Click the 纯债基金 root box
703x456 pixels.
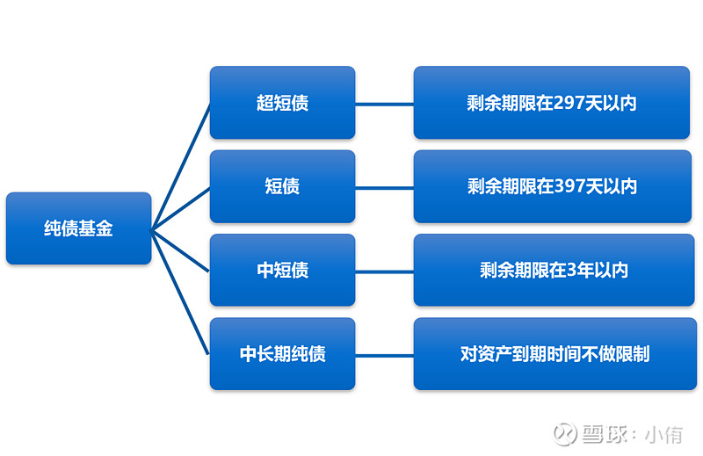coord(78,228)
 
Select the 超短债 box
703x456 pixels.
coord(282,103)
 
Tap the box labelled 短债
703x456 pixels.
coord(282,186)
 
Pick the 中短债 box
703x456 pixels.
coord(282,270)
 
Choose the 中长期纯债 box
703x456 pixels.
coord(282,354)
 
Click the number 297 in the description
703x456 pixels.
coord(569,103)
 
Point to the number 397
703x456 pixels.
coord(569,186)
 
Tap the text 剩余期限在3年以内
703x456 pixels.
coord(554,270)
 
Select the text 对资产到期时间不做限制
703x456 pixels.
coord(555,354)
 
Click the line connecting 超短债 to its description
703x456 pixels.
coord(385,105)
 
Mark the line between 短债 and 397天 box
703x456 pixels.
coord(385,188)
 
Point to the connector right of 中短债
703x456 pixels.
coord(385,271)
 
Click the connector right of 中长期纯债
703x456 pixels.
coord(385,356)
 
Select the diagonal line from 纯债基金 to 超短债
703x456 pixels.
coord(181,167)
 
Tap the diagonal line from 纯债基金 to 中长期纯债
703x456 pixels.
coord(180,293)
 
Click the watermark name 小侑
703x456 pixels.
coord(664,434)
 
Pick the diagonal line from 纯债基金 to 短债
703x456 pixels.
coord(181,209)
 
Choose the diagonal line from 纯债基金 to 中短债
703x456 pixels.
coord(180,251)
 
